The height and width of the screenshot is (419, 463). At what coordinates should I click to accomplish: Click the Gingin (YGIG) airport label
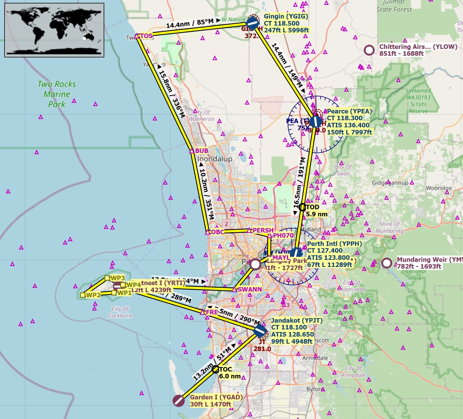pyautogui.click(x=286, y=16)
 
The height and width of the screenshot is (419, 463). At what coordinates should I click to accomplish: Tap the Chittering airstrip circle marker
pyautogui.click(x=369, y=50)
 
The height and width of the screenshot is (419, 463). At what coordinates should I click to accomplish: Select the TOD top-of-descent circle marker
pyautogui.click(x=302, y=207)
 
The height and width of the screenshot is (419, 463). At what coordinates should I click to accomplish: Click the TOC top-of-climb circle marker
pyautogui.click(x=215, y=369)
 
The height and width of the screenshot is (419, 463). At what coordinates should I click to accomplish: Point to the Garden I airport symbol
pyautogui.click(x=178, y=401)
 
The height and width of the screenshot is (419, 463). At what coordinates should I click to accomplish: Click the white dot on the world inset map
pyautogui.click(x=84, y=39)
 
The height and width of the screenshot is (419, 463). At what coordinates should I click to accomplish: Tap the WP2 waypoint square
pyautogui.click(x=82, y=295)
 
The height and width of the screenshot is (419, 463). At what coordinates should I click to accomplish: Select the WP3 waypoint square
pyautogui.click(x=107, y=278)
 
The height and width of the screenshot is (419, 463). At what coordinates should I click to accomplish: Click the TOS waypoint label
pyautogui.click(x=147, y=36)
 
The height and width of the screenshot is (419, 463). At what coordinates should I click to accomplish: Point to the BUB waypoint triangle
pyautogui.click(x=192, y=151)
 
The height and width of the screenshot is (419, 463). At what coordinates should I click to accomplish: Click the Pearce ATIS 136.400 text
pyautogui.click(x=348, y=125)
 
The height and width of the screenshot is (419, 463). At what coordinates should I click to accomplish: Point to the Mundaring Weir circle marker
pyautogui.click(x=386, y=263)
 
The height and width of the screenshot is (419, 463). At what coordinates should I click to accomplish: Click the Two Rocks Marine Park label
pyautogui.click(x=57, y=94)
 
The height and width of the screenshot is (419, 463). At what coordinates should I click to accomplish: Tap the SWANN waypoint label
pyautogui.click(x=249, y=289)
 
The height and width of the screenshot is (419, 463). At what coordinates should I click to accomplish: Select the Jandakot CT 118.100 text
pyautogui.click(x=289, y=327)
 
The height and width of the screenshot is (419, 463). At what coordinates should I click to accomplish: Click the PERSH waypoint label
pyautogui.click(x=263, y=230)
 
